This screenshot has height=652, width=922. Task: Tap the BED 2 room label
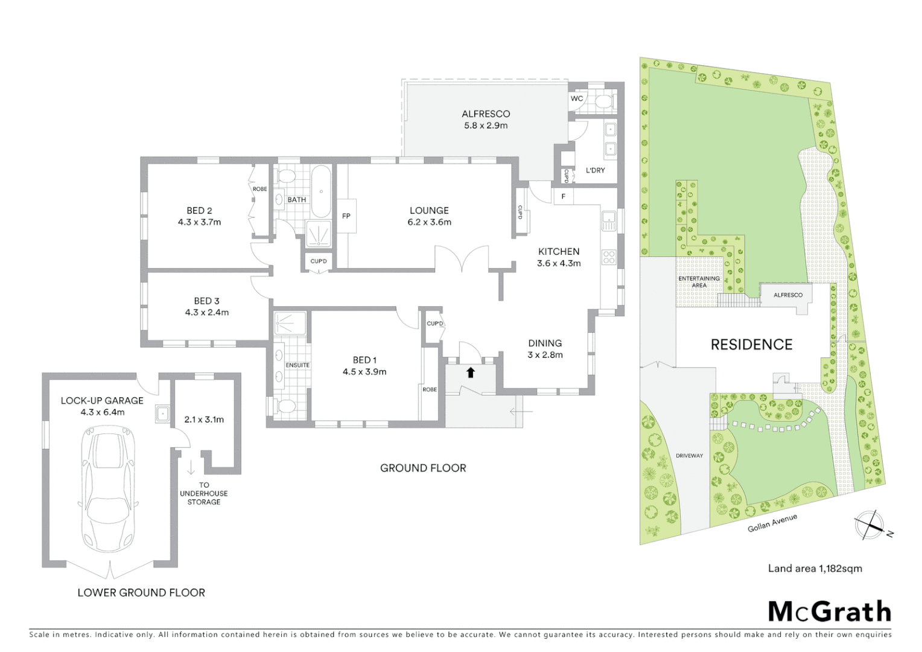(199, 211)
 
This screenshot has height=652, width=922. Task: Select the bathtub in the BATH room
(320, 191)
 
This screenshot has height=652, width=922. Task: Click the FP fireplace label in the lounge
(346, 216)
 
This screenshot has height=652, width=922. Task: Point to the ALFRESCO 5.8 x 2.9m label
(485, 120)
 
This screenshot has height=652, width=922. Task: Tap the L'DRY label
(595, 170)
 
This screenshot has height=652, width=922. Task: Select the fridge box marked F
(563, 196)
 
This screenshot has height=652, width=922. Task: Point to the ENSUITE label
(297, 365)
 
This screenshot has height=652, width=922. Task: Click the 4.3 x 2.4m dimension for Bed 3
(206, 313)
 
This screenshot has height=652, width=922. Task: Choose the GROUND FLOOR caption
(423, 468)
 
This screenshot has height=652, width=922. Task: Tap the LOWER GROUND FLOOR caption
(141, 593)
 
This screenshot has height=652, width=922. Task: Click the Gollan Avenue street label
(772, 523)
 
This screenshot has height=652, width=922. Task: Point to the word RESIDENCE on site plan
(751, 345)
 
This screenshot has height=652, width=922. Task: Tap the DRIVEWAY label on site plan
(689, 456)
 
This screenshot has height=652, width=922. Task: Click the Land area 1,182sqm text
(815, 568)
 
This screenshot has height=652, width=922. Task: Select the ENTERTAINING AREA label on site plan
(699, 282)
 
